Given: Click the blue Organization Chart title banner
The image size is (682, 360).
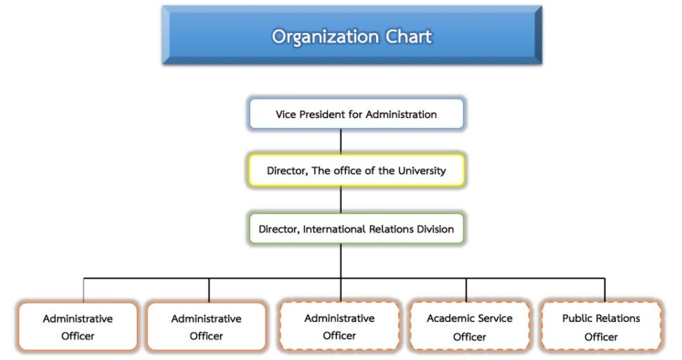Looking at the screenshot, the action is tap(352, 35).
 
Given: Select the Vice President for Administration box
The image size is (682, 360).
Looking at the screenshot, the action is tap(356, 114).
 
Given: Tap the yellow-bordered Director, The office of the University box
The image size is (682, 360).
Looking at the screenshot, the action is tap(356, 170).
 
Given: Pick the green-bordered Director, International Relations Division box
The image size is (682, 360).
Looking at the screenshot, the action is tap(356, 229).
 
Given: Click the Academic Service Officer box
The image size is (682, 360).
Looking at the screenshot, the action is tap(470, 327).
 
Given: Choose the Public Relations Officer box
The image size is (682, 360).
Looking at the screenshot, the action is tap(601, 327).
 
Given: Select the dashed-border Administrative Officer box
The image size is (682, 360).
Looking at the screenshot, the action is tap(340, 326).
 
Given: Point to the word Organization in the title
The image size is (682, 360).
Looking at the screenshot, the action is tap(326, 37).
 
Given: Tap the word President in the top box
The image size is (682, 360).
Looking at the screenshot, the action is tap(319, 115).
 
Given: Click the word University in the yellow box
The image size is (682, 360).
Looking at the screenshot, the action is tap(422, 171).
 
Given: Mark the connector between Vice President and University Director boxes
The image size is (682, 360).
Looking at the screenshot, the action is tap(340, 142).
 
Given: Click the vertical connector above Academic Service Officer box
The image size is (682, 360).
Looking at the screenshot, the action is tap(466, 290).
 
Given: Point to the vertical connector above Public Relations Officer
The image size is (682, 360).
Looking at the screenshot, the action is tap(605, 290).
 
